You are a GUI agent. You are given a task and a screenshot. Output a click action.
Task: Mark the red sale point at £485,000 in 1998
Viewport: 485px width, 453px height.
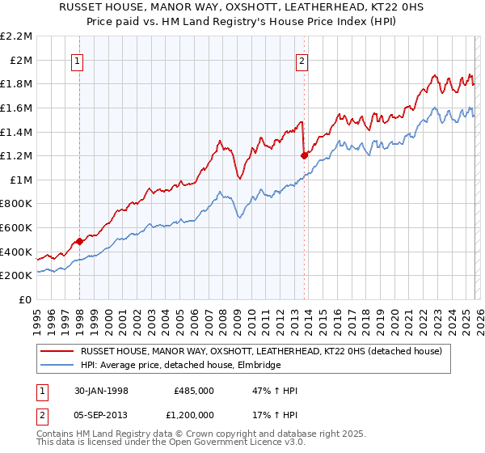click(80, 241)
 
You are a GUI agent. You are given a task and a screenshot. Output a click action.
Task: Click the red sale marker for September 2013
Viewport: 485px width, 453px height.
click(303, 155)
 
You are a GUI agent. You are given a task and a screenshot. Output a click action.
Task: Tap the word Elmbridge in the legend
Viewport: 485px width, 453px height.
click(259, 366)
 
